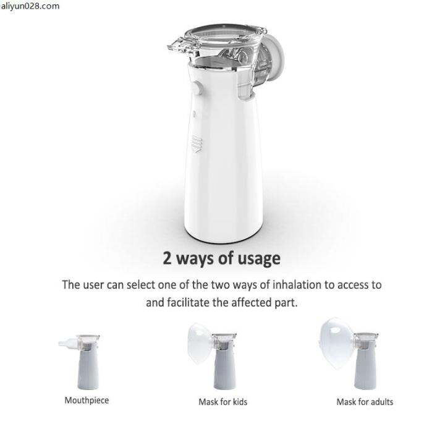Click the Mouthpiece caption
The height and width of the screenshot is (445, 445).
[x=87, y=400]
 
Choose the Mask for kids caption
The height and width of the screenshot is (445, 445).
[x=222, y=402]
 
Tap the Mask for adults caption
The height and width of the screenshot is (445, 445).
[x=365, y=402]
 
